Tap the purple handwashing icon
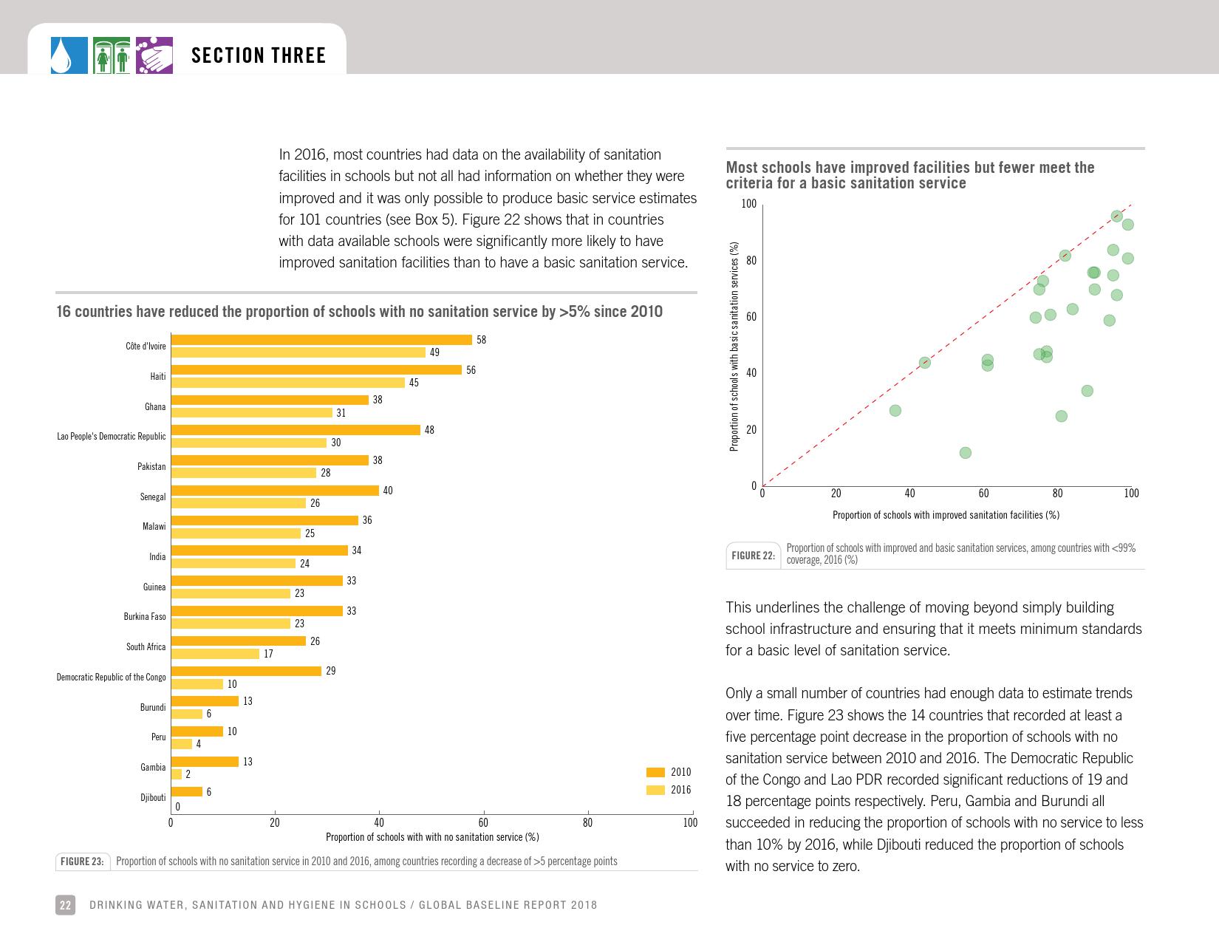click(x=154, y=56)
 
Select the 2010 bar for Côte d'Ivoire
click(x=321, y=340)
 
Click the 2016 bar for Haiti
click(x=288, y=383)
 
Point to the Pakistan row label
click(x=151, y=467)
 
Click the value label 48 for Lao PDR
click(x=429, y=430)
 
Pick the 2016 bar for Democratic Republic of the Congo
click(x=197, y=684)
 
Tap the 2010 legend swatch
click(x=655, y=773)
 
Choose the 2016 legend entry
click(x=669, y=790)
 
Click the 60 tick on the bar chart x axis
click(x=483, y=822)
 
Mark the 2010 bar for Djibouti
click(x=187, y=792)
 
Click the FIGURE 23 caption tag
click(x=82, y=861)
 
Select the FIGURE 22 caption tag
click(x=753, y=556)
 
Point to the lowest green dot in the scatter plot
click(x=965, y=453)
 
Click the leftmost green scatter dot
click(x=895, y=411)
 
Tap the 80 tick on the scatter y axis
click(x=751, y=261)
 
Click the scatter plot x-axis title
click(x=946, y=515)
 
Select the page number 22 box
click(x=65, y=905)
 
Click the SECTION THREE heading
click(x=259, y=56)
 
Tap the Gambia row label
click(x=153, y=768)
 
